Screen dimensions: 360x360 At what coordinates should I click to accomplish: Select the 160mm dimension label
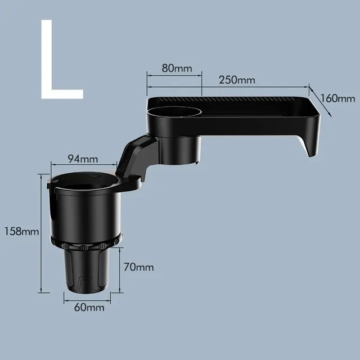click(338, 98)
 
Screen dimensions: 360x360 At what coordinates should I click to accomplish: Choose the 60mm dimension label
click(88, 308)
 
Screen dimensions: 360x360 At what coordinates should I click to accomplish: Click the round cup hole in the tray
click(173, 111)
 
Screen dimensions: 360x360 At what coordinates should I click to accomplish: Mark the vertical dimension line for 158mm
click(40, 233)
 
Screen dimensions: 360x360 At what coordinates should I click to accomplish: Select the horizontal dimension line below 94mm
click(84, 165)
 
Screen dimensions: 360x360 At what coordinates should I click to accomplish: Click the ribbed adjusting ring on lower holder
click(85, 243)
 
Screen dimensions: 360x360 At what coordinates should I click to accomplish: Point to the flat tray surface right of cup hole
click(253, 112)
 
